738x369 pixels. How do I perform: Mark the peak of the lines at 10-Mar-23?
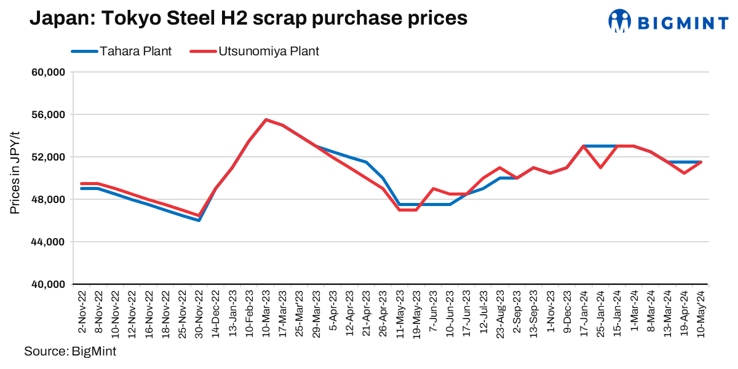pos(266,120)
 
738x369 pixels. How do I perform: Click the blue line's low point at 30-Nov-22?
pos(199,220)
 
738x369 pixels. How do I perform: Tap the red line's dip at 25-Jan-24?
pos(600,167)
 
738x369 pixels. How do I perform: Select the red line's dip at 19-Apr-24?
pos(684,173)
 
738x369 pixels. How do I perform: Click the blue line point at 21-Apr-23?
pos(366,162)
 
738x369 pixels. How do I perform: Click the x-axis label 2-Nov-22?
pos(82,307)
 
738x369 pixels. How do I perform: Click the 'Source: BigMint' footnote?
pos(69,352)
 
